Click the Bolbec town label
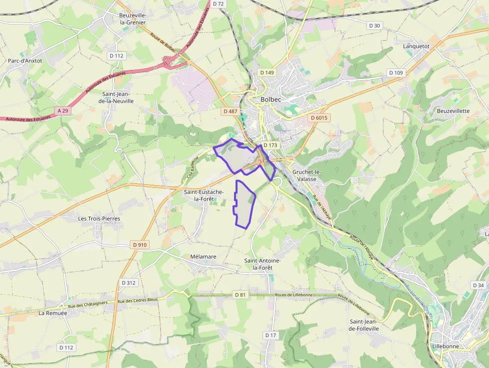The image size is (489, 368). [271, 99]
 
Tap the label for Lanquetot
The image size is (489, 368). [416, 46]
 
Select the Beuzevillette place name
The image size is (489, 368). [453, 111]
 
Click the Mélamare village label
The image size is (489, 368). [203, 257]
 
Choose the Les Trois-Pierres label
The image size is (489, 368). [99, 219]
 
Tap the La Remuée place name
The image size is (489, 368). [52, 313]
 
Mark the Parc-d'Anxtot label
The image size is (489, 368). [25, 61]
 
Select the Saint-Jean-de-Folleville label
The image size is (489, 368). [364, 325]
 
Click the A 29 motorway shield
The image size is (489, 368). [62, 110]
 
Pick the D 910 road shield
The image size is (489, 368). [141, 245]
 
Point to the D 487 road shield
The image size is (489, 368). [231, 111]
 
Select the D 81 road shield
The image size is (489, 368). [241, 295]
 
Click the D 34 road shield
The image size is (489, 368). [478, 285]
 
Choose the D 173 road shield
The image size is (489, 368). [270, 145]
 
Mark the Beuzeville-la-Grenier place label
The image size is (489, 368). [132, 18]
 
